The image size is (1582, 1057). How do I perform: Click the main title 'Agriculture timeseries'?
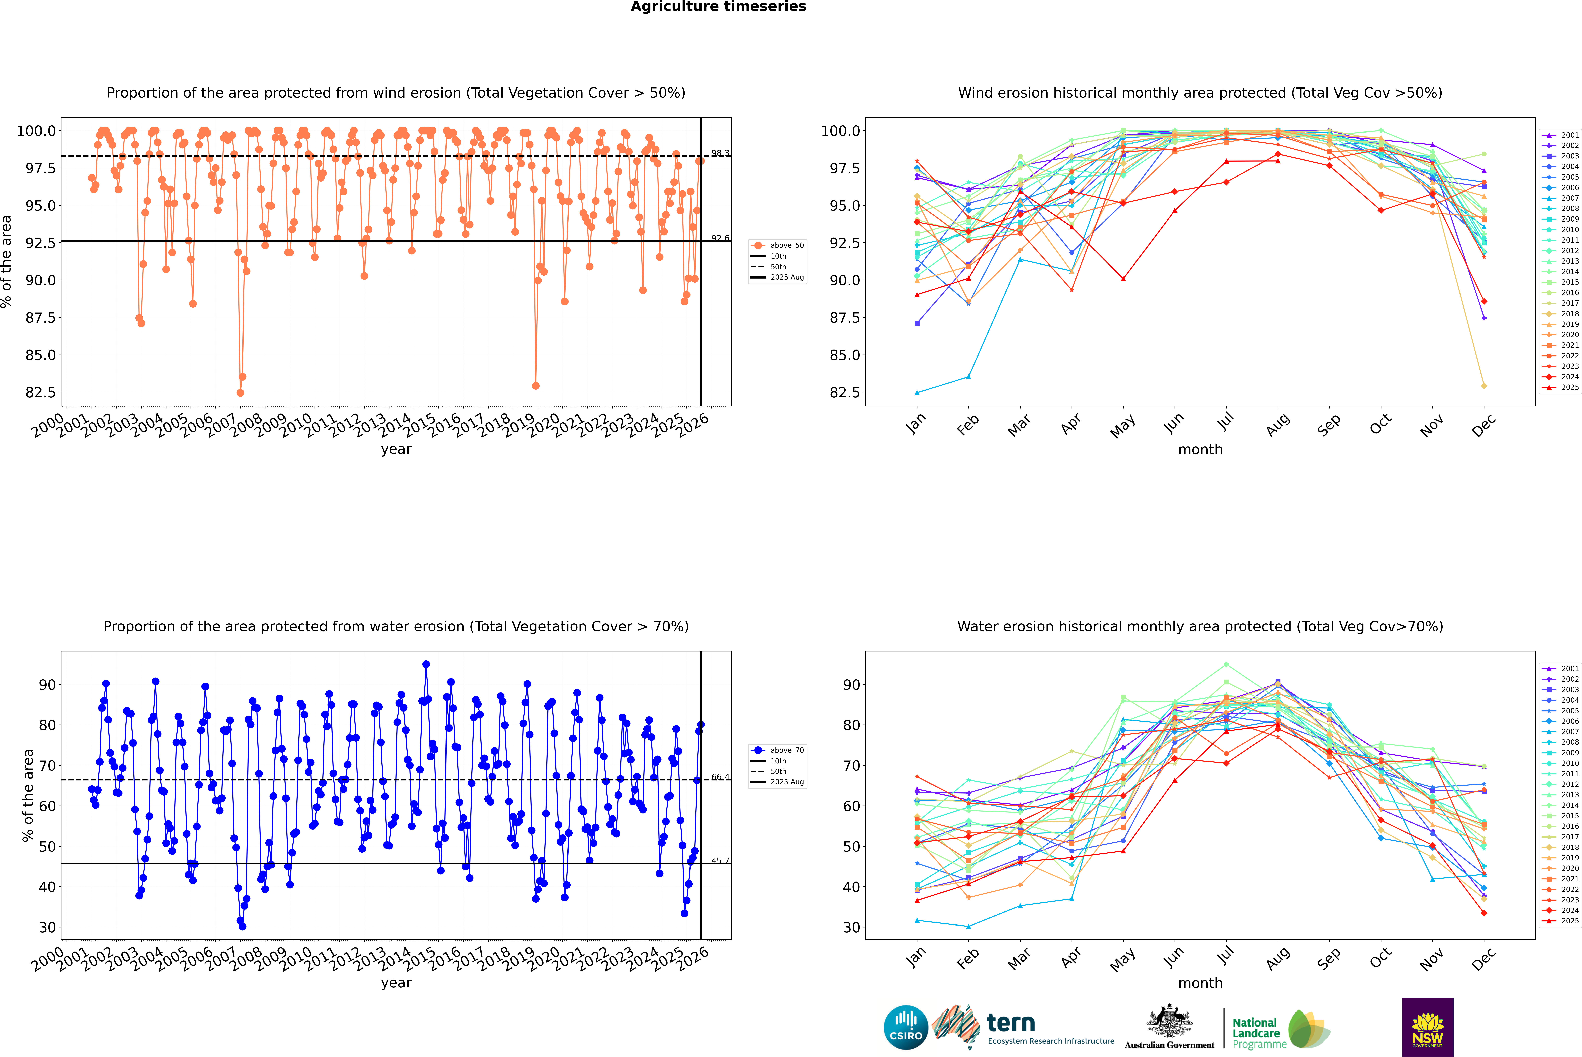click(718, 7)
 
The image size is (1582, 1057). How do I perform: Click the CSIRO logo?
click(906, 1027)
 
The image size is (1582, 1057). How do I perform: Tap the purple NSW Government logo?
click(1428, 1027)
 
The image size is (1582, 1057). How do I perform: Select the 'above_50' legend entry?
click(786, 245)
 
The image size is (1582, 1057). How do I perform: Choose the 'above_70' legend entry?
click(786, 750)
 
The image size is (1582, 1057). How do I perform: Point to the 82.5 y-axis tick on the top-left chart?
click(38, 392)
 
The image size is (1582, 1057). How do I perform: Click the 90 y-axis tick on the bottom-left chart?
click(47, 685)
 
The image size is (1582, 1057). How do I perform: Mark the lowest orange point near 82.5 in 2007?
click(240, 392)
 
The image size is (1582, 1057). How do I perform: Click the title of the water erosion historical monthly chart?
click(1200, 626)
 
